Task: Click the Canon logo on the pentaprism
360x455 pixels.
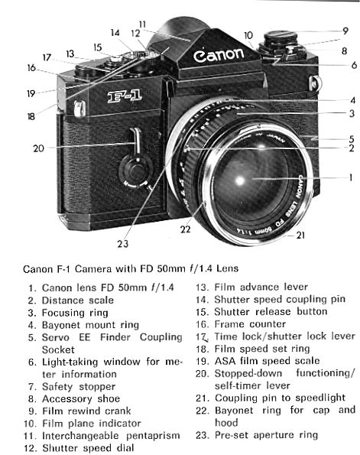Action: tap(219, 55)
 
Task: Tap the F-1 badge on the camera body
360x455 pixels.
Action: tap(125, 96)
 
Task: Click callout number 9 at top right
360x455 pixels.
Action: tap(345, 31)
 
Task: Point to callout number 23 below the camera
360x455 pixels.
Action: tap(122, 243)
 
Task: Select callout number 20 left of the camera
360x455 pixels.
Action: tap(38, 148)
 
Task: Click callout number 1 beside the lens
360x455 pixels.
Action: tap(350, 177)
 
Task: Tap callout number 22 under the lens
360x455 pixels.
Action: tap(186, 229)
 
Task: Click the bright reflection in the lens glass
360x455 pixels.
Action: tap(240, 180)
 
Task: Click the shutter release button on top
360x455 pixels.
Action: tap(116, 59)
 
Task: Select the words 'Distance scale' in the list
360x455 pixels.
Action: tap(78, 300)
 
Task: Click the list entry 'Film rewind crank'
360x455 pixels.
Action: tap(86, 411)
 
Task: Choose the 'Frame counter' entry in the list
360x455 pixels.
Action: tap(250, 323)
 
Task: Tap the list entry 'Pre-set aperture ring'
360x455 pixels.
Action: tap(266, 435)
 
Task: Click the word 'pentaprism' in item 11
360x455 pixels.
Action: tap(153, 436)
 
